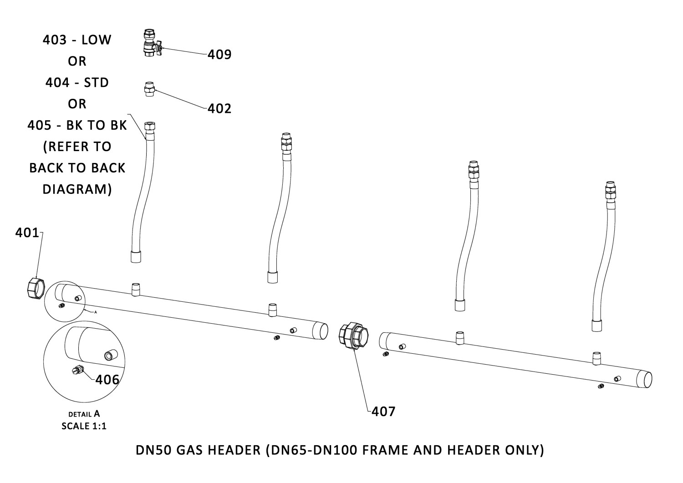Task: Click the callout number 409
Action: [x=219, y=55]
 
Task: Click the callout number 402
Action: [x=219, y=108]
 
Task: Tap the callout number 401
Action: [x=27, y=233]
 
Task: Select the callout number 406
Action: [x=107, y=380]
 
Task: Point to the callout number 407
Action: [x=383, y=412]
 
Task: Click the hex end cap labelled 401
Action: [x=36, y=289]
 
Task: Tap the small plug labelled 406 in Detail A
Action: [x=78, y=370]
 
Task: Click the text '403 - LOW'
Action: [x=77, y=40]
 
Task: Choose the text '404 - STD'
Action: [x=77, y=83]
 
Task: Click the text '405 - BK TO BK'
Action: [x=77, y=125]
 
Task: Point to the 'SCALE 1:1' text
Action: [x=84, y=426]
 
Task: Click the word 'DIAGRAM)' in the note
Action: [x=77, y=189]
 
